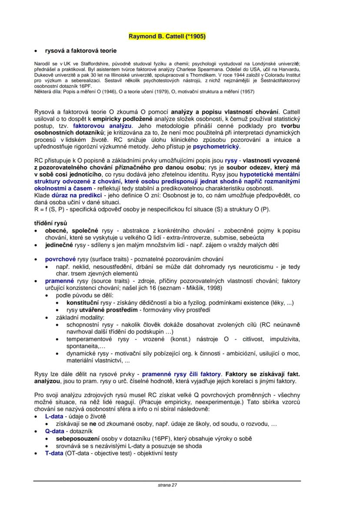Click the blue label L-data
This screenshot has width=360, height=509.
pyautogui.click(x=54, y=416)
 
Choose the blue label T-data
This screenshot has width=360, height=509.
pyautogui.click(x=54, y=453)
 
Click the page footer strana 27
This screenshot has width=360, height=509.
pyautogui.click(x=167, y=485)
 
